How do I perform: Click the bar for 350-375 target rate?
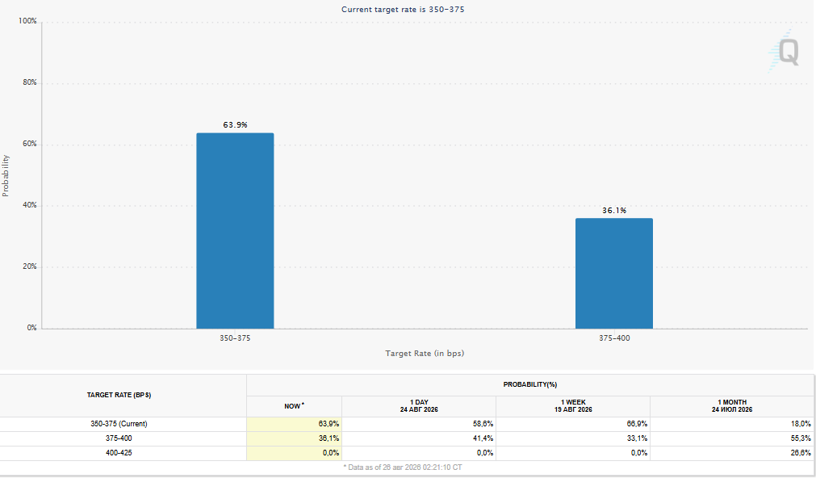point(235,231)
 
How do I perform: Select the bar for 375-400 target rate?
point(614,274)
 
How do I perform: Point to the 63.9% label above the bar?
point(235,125)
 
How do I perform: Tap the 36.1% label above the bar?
point(614,211)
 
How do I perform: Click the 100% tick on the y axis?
point(27,21)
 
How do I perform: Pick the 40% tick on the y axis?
point(30,205)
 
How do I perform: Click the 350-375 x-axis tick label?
point(235,338)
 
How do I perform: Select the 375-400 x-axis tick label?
point(614,338)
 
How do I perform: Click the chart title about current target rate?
point(403,10)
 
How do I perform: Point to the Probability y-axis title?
point(6,175)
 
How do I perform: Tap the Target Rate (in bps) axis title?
point(425,353)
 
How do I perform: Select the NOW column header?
point(294,406)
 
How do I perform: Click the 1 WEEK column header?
point(573,405)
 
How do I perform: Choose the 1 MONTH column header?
point(732,405)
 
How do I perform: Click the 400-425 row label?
point(119,453)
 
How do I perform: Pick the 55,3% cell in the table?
point(801,438)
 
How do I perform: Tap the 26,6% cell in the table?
point(801,453)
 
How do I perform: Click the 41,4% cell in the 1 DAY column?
point(483,438)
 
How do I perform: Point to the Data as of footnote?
point(402,467)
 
